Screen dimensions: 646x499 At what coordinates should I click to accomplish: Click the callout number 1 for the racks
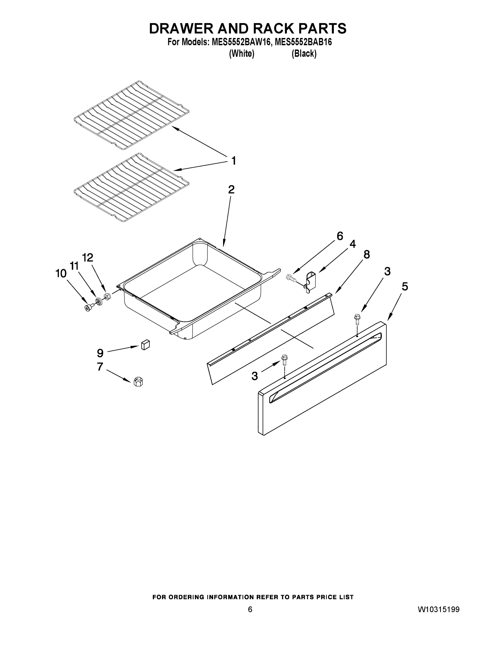[x=233, y=161]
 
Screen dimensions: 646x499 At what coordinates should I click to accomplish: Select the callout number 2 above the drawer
[x=231, y=189]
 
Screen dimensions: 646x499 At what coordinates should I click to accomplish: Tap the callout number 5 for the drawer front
[x=405, y=286]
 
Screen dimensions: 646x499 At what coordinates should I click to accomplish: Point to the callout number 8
[x=367, y=254]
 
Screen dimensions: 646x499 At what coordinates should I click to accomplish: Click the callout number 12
[x=87, y=258]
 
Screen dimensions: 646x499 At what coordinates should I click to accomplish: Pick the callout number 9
[x=100, y=353]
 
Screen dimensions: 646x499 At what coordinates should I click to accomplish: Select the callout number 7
[x=100, y=367]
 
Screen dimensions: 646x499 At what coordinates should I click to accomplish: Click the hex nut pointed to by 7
[x=138, y=382]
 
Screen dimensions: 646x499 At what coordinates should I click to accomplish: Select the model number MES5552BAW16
[x=241, y=42]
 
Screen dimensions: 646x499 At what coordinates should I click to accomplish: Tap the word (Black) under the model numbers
[x=304, y=54]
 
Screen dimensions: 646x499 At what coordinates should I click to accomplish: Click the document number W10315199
[x=438, y=609]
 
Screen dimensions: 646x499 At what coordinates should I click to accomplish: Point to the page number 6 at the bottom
[x=250, y=609]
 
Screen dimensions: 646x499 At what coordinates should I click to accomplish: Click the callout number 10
[x=61, y=273]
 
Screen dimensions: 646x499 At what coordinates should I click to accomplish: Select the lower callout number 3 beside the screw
[x=254, y=376]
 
